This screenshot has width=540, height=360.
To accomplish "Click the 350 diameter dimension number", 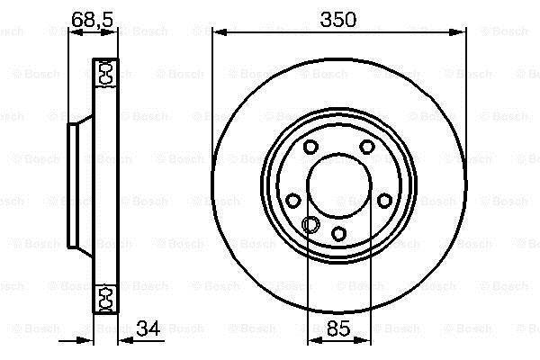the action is point(337,20).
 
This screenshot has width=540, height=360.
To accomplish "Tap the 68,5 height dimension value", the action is point(93,20).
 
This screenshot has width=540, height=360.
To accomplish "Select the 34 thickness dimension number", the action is point(148,328).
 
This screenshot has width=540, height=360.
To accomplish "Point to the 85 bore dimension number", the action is point(338,328).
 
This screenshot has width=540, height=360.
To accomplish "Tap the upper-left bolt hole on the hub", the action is point(310,147).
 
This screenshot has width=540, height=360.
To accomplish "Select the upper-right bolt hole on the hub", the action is point(367,147).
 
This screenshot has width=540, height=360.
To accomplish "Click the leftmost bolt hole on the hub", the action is point(293,201).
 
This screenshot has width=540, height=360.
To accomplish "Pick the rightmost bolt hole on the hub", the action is point(384,201).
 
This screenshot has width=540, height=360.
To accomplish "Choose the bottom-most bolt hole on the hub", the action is point(339,234).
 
